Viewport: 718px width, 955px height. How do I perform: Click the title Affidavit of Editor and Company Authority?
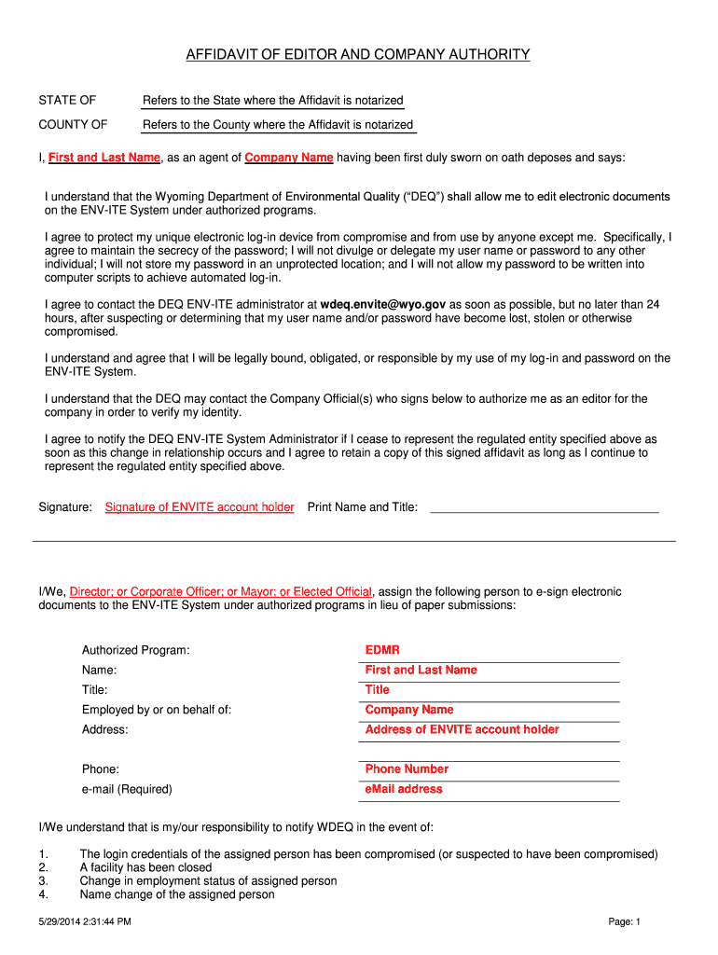tap(358, 55)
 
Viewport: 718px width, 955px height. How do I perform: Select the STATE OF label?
tap(67, 100)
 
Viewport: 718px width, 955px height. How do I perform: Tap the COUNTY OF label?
tap(73, 125)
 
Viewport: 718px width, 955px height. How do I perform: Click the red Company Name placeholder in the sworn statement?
tap(289, 158)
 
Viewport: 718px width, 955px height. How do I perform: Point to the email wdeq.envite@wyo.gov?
tap(383, 304)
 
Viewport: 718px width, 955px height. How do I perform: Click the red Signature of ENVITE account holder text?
tap(200, 507)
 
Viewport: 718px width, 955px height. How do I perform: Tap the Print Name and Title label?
tap(363, 507)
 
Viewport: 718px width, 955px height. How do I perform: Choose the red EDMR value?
tap(382, 650)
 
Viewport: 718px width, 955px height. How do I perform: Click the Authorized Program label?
tap(136, 650)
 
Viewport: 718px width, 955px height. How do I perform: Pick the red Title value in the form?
tap(378, 690)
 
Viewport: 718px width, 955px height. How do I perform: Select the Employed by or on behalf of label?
tap(157, 710)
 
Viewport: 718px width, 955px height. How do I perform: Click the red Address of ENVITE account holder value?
tap(462, 729)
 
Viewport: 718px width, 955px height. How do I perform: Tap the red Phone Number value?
tap(407, 769)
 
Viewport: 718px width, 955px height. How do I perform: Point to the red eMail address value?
tap(404, 789)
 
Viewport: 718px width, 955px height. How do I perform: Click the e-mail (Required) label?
tap(127, 789)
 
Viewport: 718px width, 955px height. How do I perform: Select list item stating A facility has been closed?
tap(145, 867)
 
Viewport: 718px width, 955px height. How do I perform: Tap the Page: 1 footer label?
tap(625, 922)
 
